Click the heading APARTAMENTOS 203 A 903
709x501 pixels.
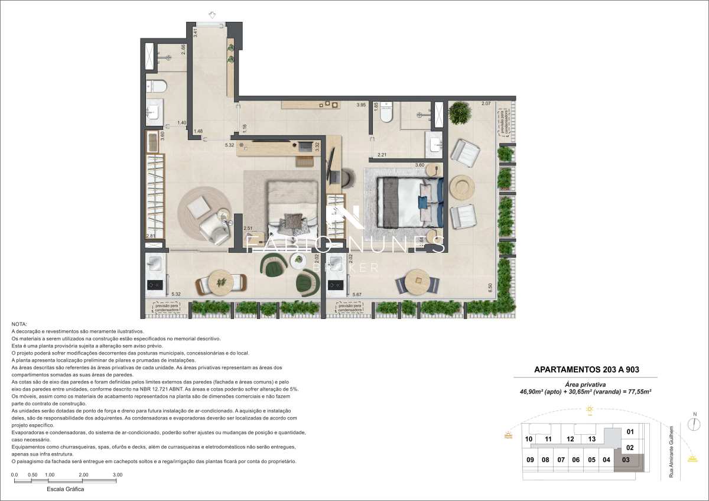coord(586,370)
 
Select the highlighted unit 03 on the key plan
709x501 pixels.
coord(626,460)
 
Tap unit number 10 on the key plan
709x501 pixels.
coord(528,439)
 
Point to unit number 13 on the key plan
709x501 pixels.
coord(591,439)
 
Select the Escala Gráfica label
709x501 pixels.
coord(65,490)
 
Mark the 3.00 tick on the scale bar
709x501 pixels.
coord(118,475)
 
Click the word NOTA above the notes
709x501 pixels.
coord(19,324)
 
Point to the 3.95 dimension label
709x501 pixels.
coord(362,105)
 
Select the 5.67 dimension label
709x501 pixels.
coord(356,294)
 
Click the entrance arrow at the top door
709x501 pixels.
coord(211,15)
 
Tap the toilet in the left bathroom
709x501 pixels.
coord(158,86)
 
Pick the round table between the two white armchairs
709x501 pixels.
coord(461,187)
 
